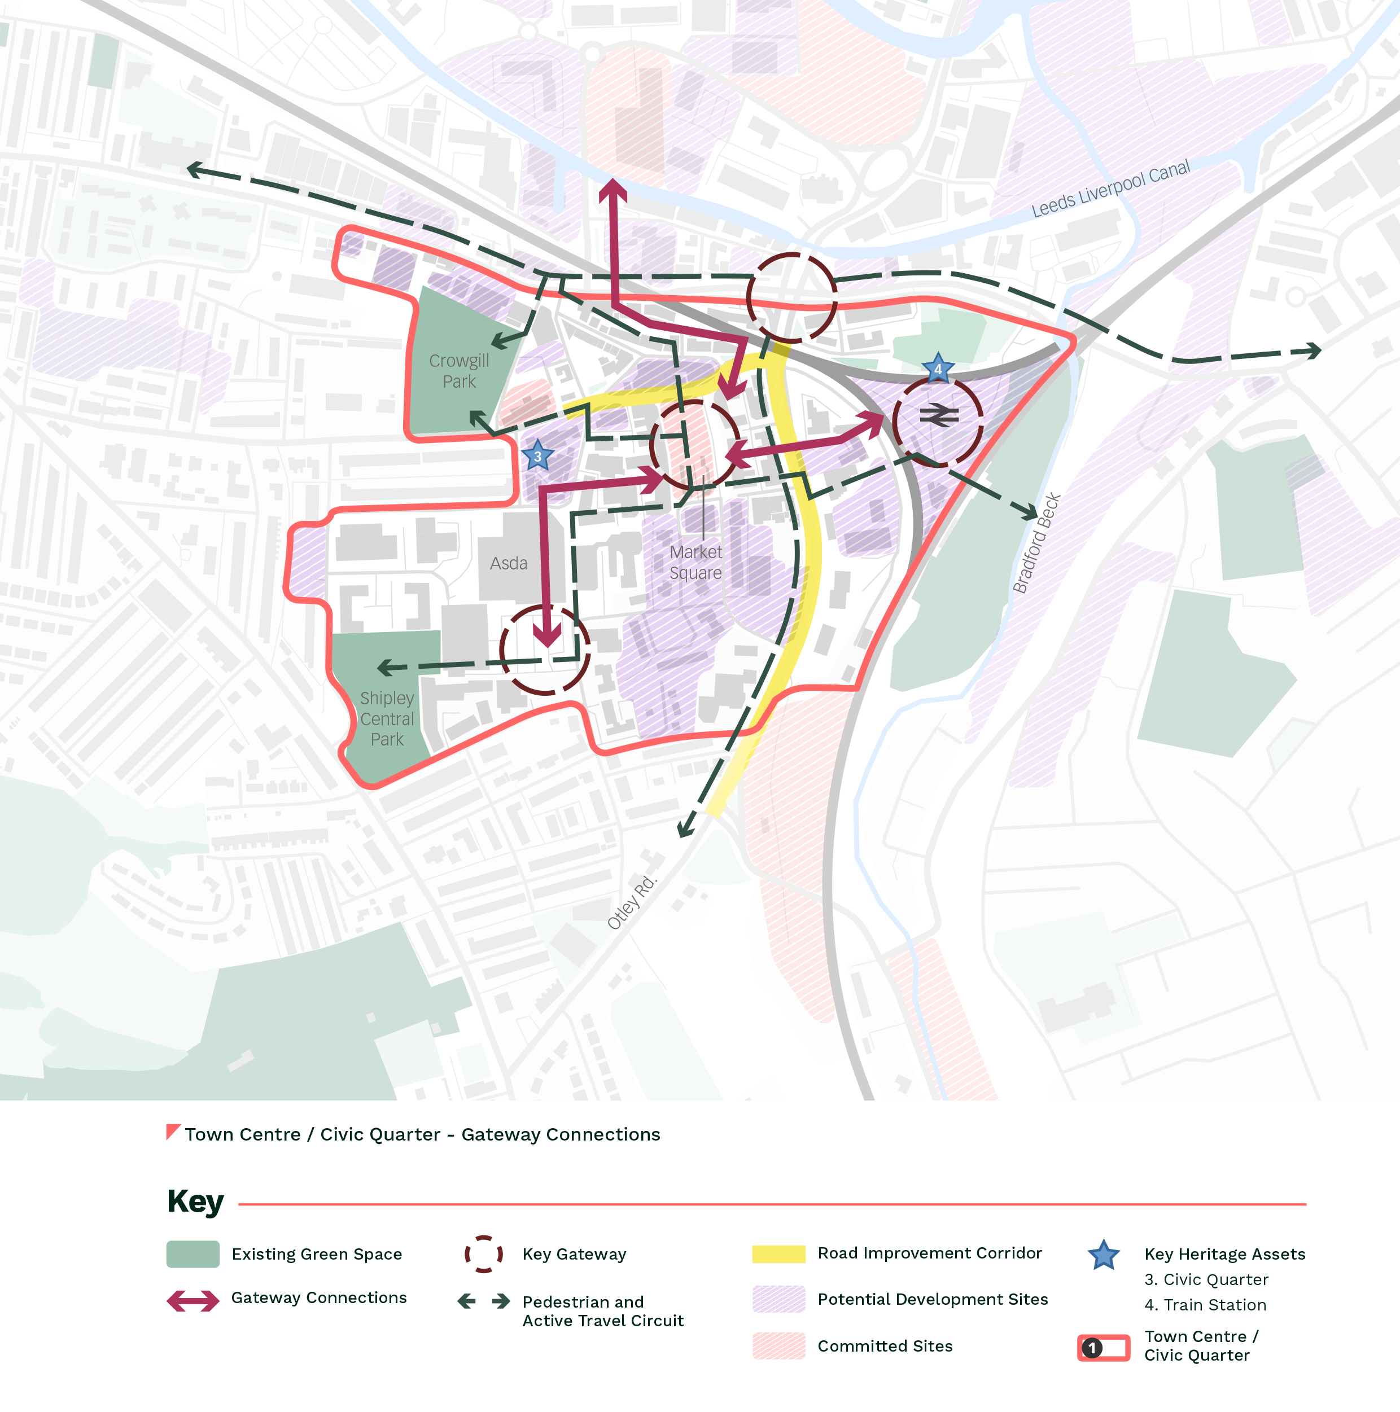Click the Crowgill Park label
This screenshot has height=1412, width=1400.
click(x=459, y=371)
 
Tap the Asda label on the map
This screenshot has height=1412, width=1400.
click(x=508, y=563)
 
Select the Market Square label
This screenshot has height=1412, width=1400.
click(x=695, y=563)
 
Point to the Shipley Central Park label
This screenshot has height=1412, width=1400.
click(x=387, y=718)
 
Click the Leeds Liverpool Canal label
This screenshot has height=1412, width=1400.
click(x=1110, y=189)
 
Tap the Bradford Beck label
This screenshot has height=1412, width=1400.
click(x=1036, y=543)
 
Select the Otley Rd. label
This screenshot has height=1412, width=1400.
click(x=632, y=902)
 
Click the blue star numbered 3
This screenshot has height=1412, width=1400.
click(x=537, y=456)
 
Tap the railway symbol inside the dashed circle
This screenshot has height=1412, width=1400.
click(x=939, y=416)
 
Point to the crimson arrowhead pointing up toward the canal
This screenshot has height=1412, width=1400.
click(x=613, y=191)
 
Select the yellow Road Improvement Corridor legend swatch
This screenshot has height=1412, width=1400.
click(x=778, y=1254)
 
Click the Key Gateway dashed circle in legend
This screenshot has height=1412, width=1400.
click(x=484, y=1254)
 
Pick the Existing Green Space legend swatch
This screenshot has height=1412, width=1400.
click(x=193, y=1254)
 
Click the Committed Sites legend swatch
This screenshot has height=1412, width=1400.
click(x=778, y=1345)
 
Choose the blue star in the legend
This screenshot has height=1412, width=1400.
click(x=1103, y=1256)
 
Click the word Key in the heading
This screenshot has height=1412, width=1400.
click(x=195, y=1201)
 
